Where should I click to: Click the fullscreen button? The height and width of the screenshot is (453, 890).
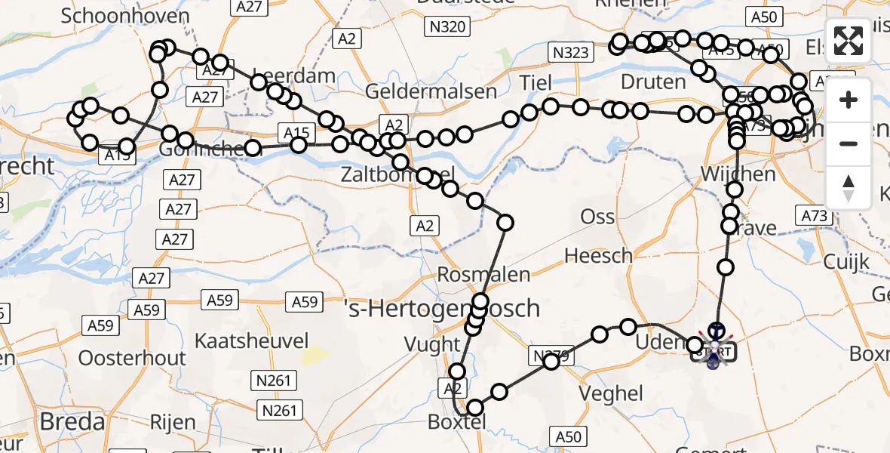(x=849, y=42)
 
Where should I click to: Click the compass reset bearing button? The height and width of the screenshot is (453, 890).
(x=849, y=187)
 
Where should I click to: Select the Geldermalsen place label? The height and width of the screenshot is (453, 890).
(x=431, y=91)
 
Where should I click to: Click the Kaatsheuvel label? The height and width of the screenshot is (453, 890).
(x=253, y=339)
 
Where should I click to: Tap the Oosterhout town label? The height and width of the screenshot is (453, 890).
(x=132, y=357)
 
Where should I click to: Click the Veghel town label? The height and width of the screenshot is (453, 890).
(x=610, y=393)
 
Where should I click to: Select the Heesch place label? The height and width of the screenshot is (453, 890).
(x=598, y=256)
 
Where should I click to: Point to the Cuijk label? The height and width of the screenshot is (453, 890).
(x=847, y=263)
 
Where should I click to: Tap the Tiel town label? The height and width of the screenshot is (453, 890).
(x=536, y=83)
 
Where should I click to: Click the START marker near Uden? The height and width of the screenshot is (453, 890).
(x=713, y=351)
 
